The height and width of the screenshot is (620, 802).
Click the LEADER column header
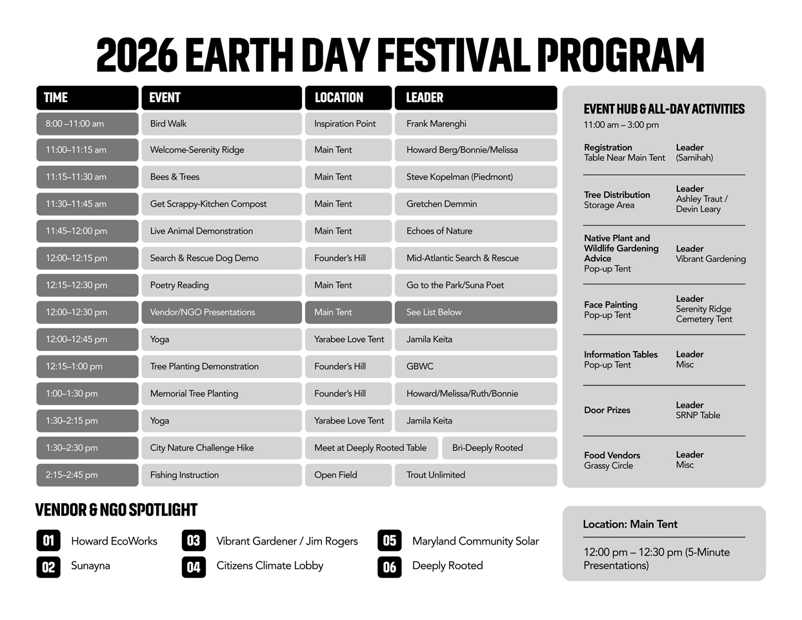pos(476,98)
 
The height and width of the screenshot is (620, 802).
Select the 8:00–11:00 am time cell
pos(88,124)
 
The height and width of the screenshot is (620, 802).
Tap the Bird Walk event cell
pos(221,124)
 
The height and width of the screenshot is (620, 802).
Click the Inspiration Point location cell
pos(348,124)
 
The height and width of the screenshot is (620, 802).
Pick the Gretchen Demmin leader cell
pos(476,204)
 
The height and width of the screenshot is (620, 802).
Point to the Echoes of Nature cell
pos(476,231)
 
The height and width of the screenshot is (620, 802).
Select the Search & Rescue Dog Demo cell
pos(221,258)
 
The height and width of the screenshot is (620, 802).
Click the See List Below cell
pos(476,312)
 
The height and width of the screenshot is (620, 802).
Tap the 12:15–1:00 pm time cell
pos(88,366)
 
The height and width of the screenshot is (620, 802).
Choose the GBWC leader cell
pos(476,366)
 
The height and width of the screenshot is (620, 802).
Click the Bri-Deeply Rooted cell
pos(499,448)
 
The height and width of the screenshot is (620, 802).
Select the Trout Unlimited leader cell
pos(476,475)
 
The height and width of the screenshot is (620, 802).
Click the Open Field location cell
pos(348,475)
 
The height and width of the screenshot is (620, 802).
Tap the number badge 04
pos(194,567)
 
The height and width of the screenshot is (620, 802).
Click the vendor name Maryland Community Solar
pos(476,541)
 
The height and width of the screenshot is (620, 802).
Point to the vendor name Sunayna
pos(90,566)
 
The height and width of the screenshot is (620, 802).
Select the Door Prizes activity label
pos(607,410)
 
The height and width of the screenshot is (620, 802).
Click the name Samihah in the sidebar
pos(694,158)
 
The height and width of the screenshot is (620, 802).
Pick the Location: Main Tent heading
pos(630,525)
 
